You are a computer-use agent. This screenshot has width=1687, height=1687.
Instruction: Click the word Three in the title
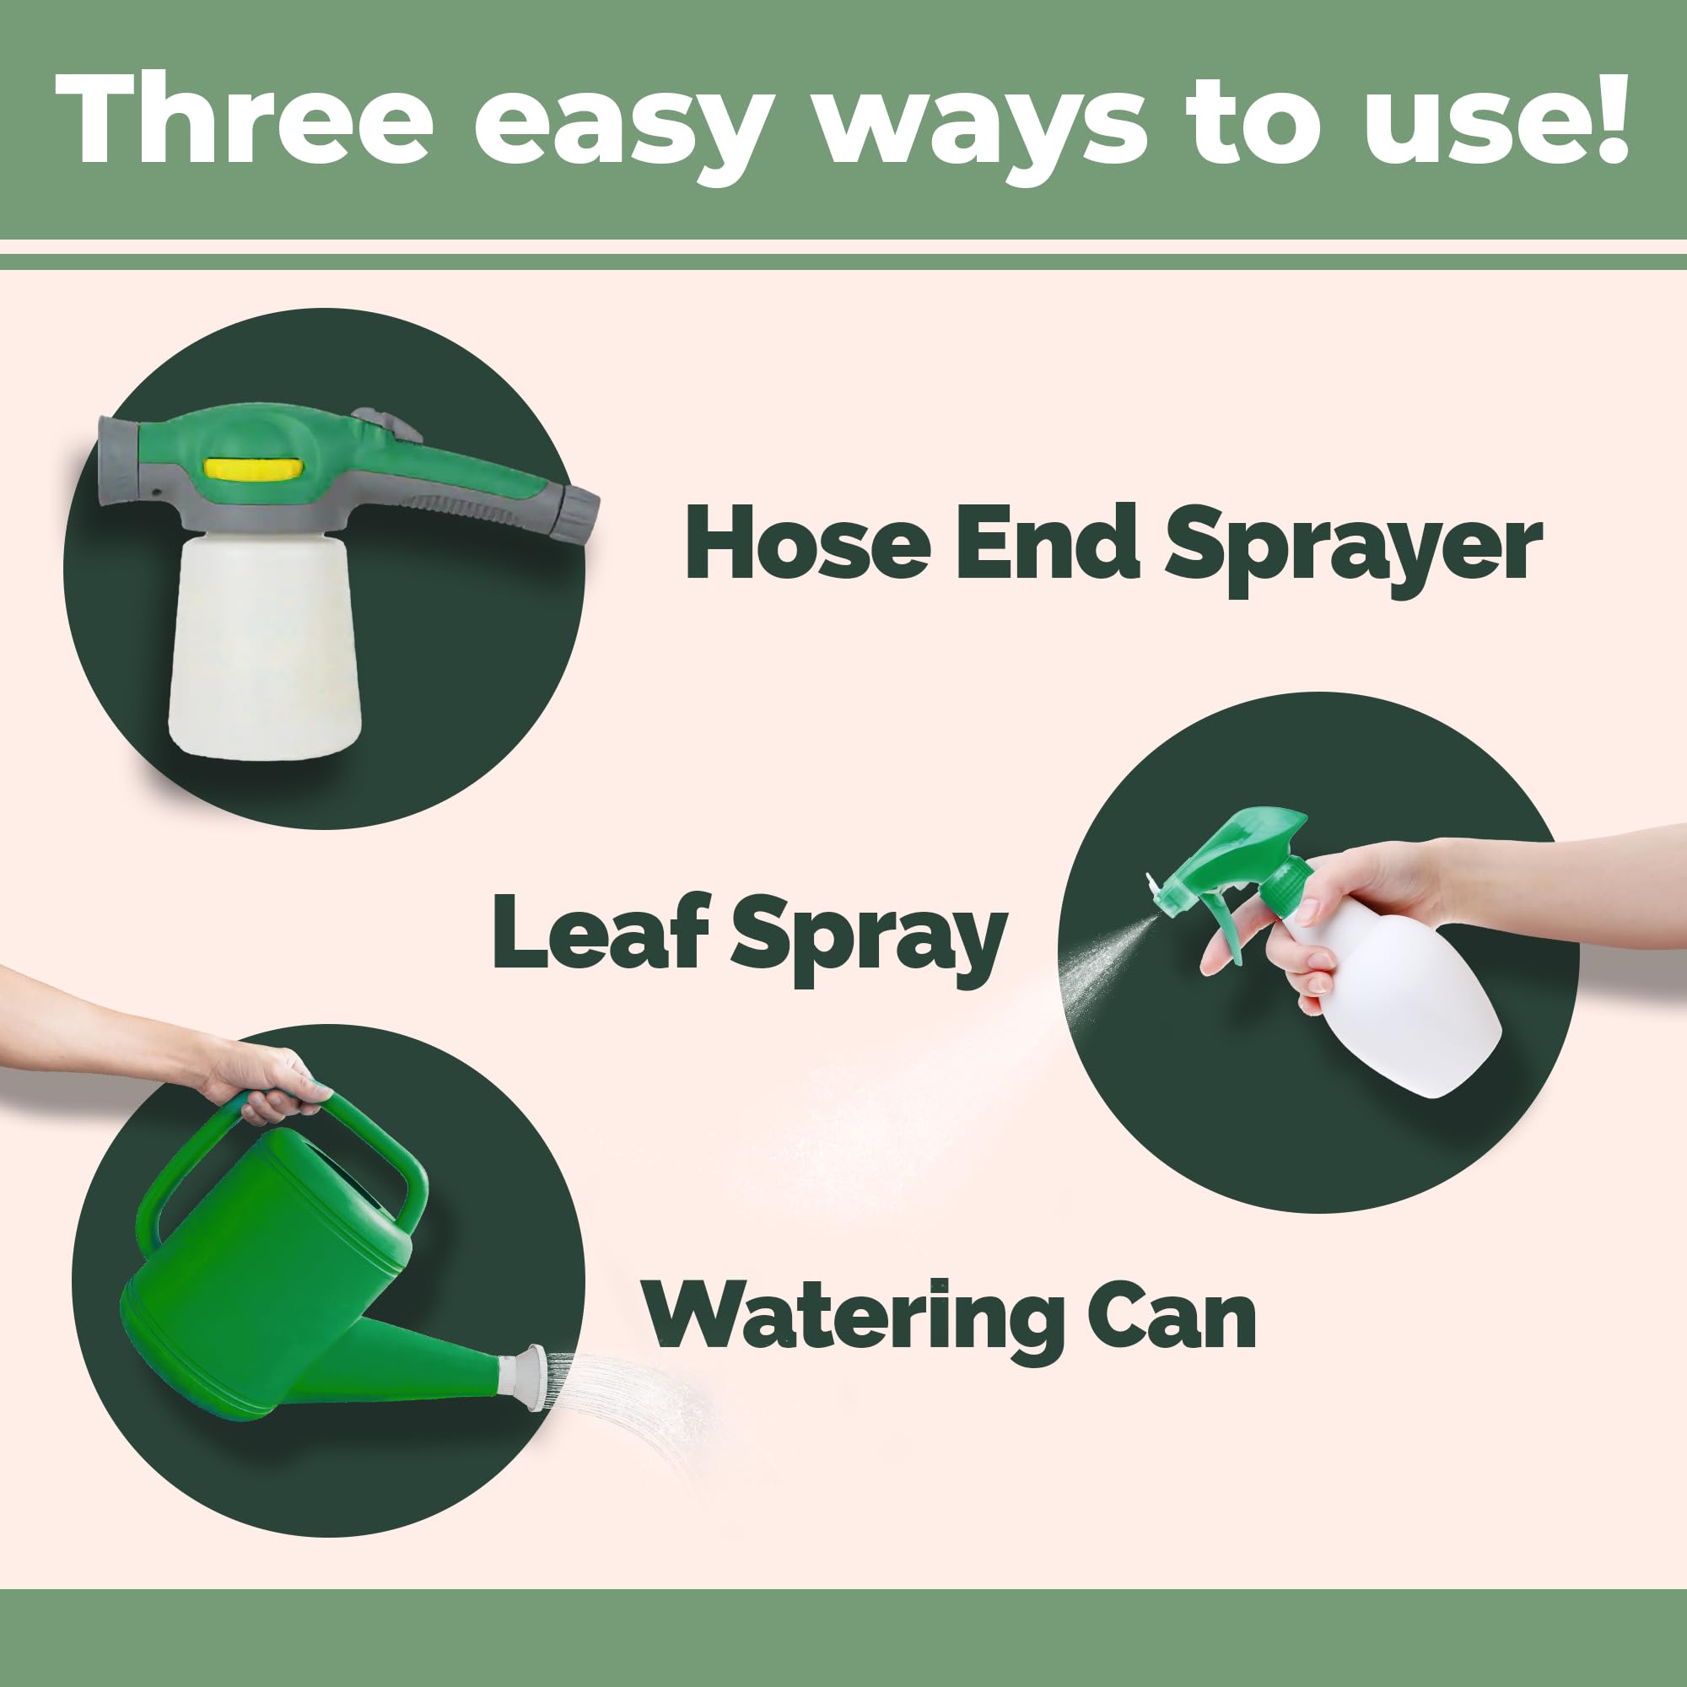[x=245, y=119]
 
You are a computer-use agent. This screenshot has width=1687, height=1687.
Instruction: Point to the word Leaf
[x=599, y=931]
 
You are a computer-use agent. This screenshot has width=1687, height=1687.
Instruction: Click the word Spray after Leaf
[x=869, y=941]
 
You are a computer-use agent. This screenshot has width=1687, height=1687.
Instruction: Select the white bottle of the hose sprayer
[x=264, y=645]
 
